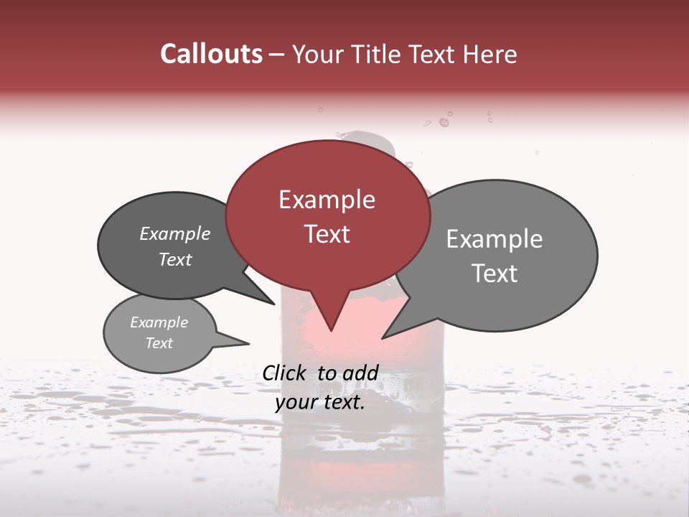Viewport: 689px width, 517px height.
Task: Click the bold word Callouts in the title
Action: pyautogui.click(x=211, y=54)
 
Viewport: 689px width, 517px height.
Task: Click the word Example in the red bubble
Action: pyautogui.click(x=327, y=200)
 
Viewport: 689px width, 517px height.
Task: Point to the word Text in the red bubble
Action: pyautogui.click(x=327, y=234)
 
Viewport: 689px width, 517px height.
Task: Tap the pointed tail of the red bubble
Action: pyautogui.click(x=331, y=328)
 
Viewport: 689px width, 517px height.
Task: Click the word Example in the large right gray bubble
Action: pyautogui.click(x=495, y=239)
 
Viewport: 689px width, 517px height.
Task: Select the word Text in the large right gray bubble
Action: pyautogui.click(x=495, y=274)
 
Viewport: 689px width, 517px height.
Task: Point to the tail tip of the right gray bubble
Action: pyautogui.click(x=384, y=337)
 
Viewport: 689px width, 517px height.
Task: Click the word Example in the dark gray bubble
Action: pyautogui.click(x=175, y=233)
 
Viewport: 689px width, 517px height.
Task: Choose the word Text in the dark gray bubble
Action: pyautogui.click(x=175, y=259)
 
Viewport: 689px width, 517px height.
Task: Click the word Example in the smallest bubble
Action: pyautogui.click(x=159, y=322)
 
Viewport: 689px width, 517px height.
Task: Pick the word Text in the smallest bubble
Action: pyautogui.click(x=159, y=343)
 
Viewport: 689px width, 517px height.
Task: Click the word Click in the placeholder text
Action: pyautogui.click(x=285, y=373)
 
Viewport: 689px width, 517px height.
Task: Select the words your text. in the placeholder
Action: pyautogui.click(x=320, y=403)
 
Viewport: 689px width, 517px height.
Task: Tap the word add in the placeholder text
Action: pyautogui.click(x=361, y=373)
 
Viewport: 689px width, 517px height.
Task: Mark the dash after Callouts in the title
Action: pyautogui.click(x=277, y=55)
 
